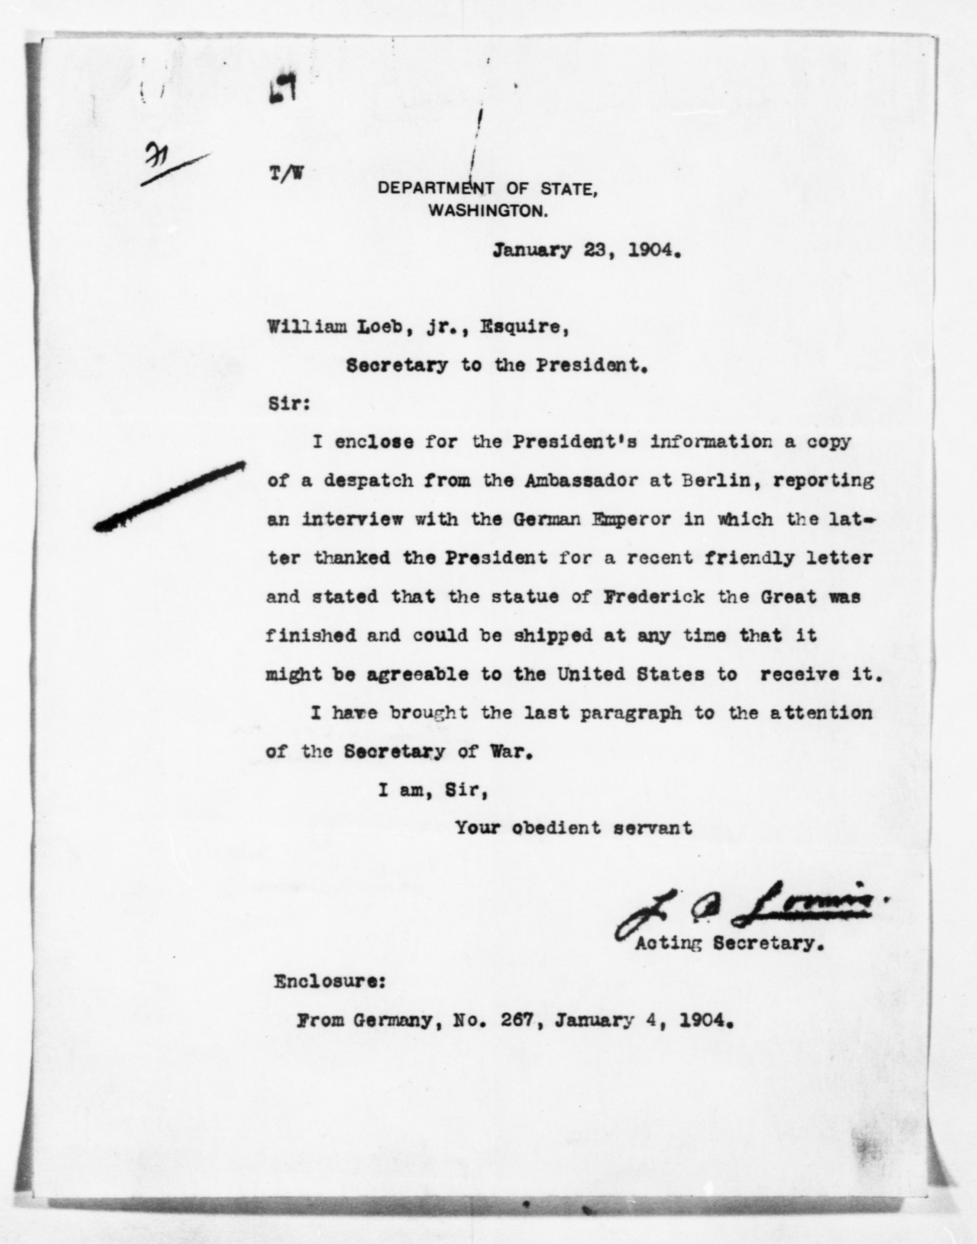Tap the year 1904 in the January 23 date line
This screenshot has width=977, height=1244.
coord(654,251)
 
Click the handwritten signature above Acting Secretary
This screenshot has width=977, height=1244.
coord(744,916)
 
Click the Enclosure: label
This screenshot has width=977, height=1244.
coord(330,982)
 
